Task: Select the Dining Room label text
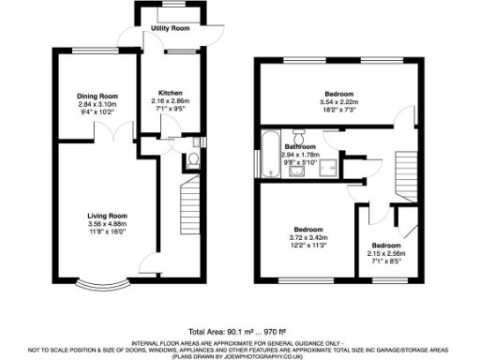97,96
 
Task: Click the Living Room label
107,217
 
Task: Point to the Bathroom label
300,147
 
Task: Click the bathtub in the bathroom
268,157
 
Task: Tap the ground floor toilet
192,162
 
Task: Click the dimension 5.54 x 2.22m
338,103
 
